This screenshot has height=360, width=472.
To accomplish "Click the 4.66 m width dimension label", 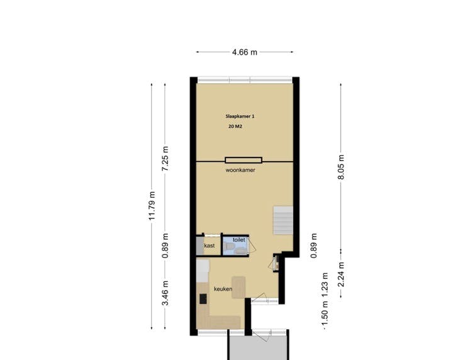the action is coord(244,52).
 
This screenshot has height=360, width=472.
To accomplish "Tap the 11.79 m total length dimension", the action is coord(152,206).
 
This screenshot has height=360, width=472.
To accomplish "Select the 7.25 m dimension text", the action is coord(166,159).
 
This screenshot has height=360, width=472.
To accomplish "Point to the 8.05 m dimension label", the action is coord(340,167).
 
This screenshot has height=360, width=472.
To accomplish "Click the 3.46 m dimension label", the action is coord(166,293).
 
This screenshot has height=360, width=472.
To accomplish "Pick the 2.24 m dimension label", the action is coord(340,274).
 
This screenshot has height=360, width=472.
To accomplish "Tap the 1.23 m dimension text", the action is coord(325,284).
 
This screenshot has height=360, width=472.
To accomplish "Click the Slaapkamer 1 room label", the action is coord(240,116).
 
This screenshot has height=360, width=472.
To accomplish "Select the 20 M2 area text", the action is coord(235,127).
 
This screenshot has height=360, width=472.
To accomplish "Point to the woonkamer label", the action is coord(240,170).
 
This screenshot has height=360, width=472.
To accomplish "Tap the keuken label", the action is coord(223,289).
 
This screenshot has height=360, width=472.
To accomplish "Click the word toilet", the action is coord(239,240).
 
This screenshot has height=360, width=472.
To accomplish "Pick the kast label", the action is coord(210,245).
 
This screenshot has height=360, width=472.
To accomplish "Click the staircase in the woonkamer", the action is coord(283,220).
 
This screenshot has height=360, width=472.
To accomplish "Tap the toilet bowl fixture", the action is coord(230,247).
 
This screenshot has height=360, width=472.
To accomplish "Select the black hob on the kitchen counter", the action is coord(203,299).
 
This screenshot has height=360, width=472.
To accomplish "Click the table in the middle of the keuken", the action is coord(239,288).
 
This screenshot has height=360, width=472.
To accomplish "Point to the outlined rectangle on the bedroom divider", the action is coord(244,160).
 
